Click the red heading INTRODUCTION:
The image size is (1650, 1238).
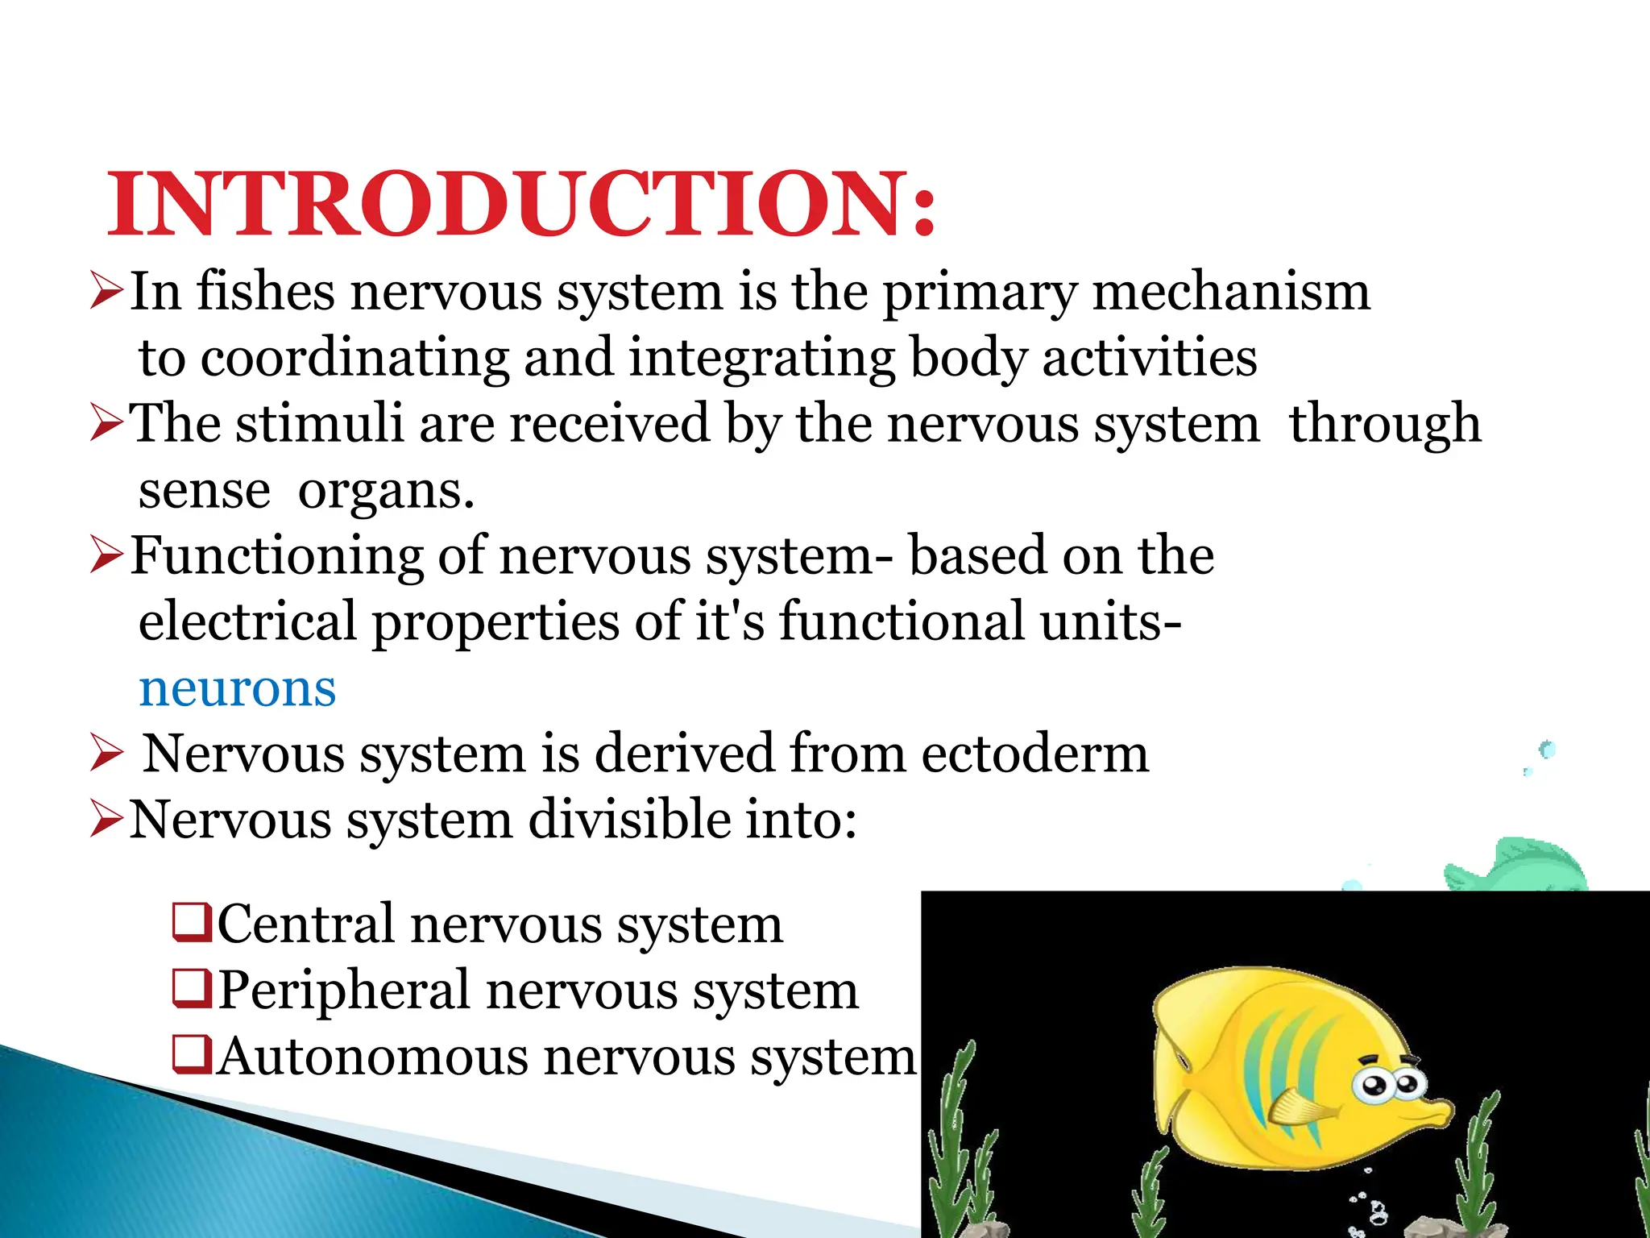522,205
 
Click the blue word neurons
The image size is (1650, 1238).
237,688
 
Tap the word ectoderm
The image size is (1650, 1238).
1034,754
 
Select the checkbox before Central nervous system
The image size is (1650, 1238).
193,924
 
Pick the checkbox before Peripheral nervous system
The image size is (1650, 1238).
193,990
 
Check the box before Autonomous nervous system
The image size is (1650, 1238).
193,1056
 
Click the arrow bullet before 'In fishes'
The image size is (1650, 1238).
106,291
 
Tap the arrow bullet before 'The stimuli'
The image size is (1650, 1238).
106,423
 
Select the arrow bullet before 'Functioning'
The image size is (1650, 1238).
106,555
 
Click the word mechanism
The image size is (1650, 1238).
1230,291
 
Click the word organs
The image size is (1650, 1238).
386,490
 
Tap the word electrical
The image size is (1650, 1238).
247,621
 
